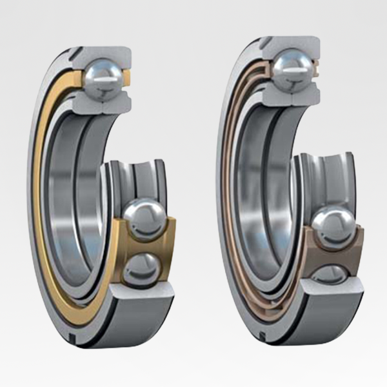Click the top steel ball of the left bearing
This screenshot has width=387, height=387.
click(x=102, y=78)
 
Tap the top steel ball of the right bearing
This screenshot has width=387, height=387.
click(x=293, y=68)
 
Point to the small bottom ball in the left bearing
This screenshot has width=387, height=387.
click(x=141, y=266)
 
